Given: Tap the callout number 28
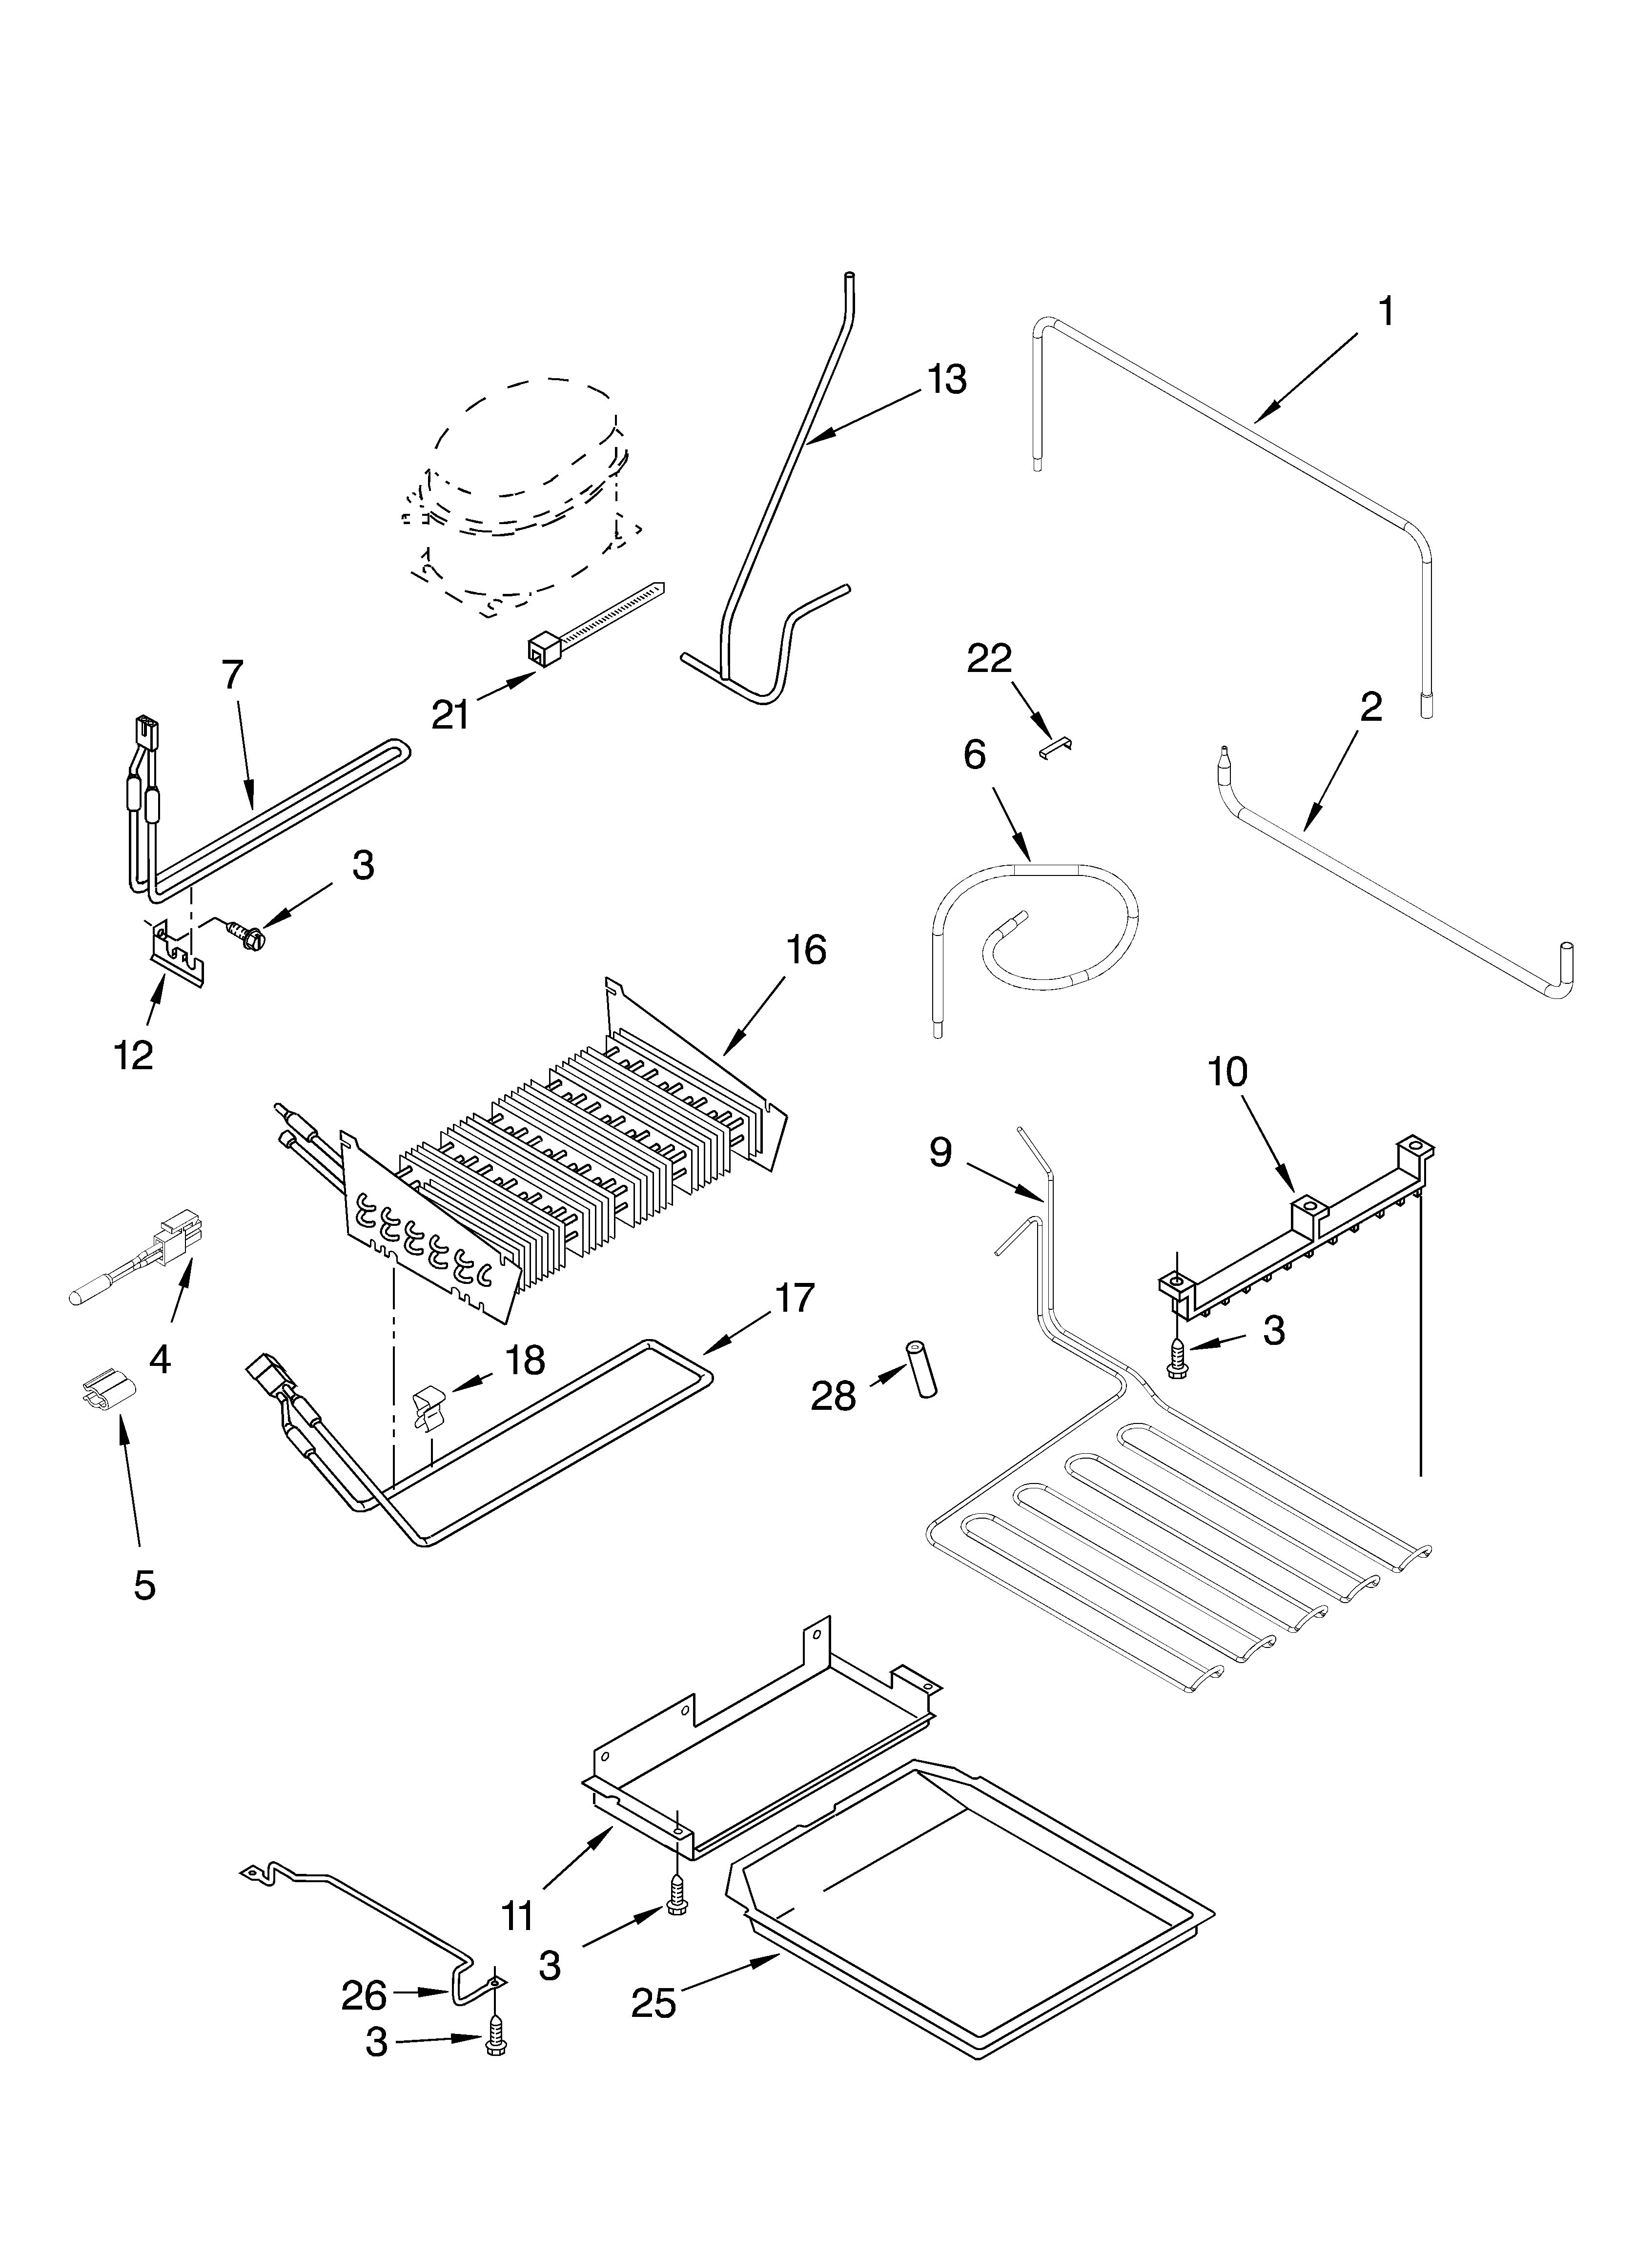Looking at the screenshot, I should pos(833,1397).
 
